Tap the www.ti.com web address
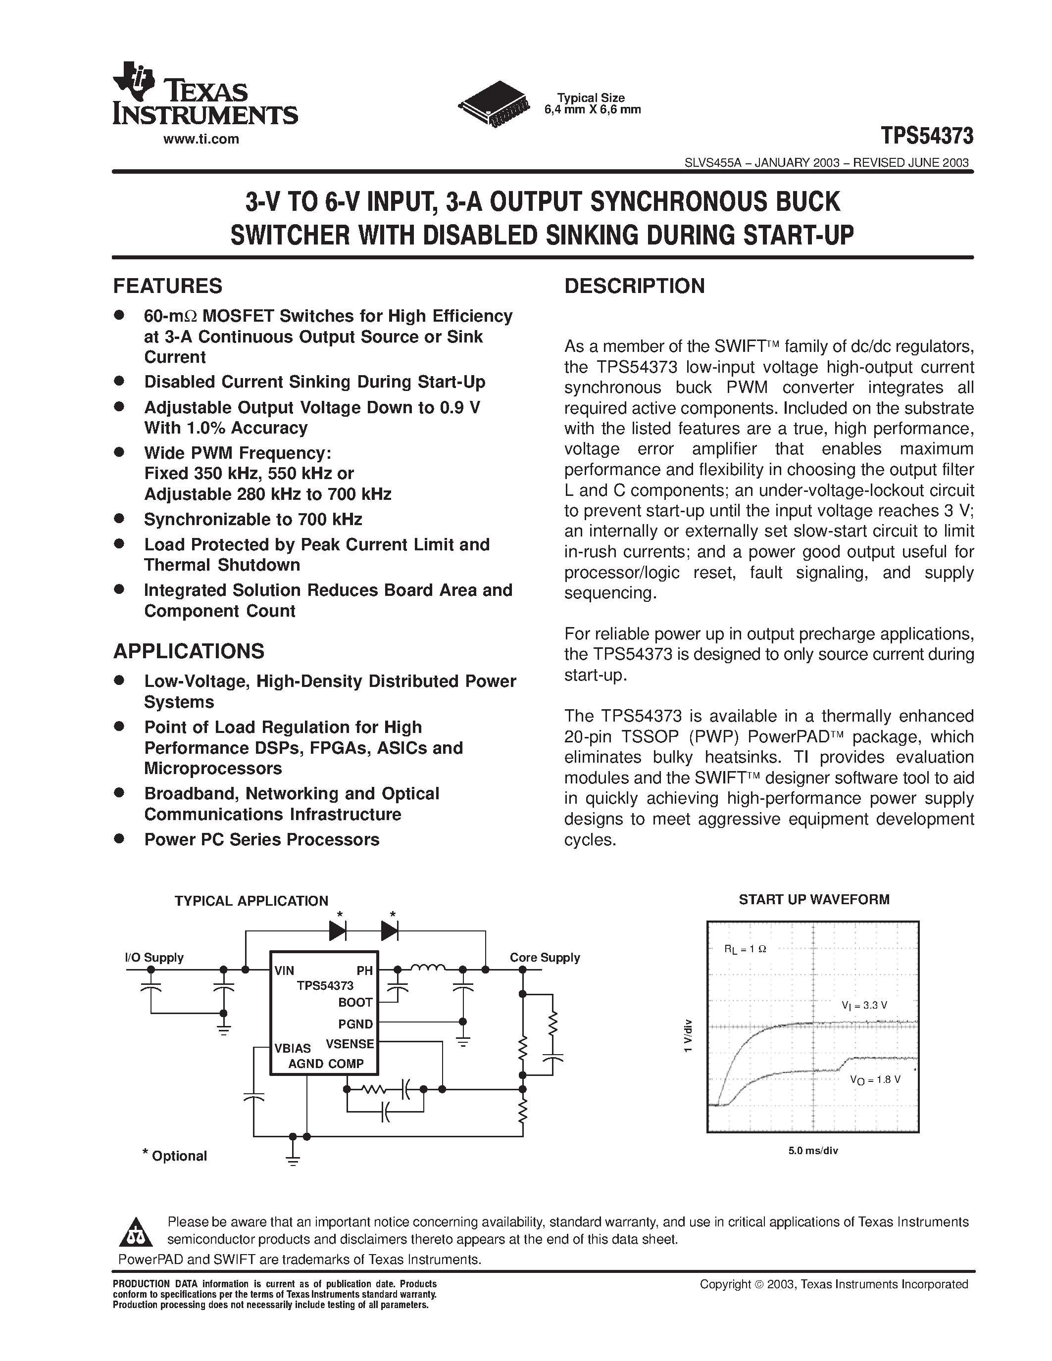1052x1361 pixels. click(x=200, y=140)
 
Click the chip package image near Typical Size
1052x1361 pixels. click(x=493, y=104)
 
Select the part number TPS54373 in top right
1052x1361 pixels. click(x=927, y=135)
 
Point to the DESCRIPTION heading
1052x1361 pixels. click(x=635, y=286)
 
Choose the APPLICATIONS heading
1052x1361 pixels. click(x=189, y=651)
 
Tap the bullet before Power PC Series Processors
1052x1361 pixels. click(x=119, y=838)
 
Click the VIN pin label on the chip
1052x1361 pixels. click(x=284, y=971)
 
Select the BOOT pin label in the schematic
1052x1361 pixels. click(x=355, y=1003)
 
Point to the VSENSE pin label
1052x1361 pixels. click(x=350, y=1044)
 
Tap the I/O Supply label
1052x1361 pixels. click(x=154, y=957)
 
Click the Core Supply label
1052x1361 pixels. click(x=545, y=957)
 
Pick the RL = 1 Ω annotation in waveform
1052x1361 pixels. click(x=745, y=949)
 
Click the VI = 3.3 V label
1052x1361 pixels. click(x=864, y=1005)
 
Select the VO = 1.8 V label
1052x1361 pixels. click(x=875, y=1080)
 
